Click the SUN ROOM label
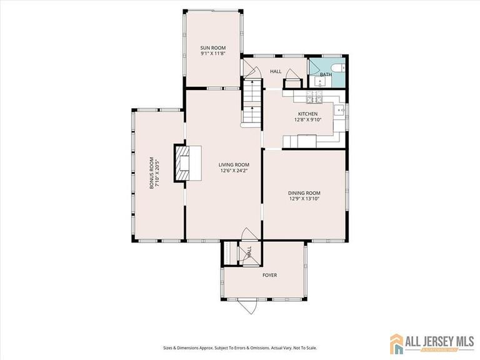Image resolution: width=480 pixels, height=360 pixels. point(213,48)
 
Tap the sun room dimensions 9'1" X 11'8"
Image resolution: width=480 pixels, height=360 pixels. point(213,54)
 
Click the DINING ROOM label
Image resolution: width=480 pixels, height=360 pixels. point(304,192)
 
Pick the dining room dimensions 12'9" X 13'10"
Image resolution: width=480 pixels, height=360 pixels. point(304,199)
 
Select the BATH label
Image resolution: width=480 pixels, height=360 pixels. point(326,75)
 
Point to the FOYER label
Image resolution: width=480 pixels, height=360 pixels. point(269,275)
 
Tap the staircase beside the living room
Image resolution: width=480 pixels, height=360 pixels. point(251,103)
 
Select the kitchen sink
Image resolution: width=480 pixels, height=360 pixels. point(339,112)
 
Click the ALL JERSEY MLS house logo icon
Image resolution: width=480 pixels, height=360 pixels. point(397,343)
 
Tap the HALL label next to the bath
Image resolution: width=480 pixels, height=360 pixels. point(276,72)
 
